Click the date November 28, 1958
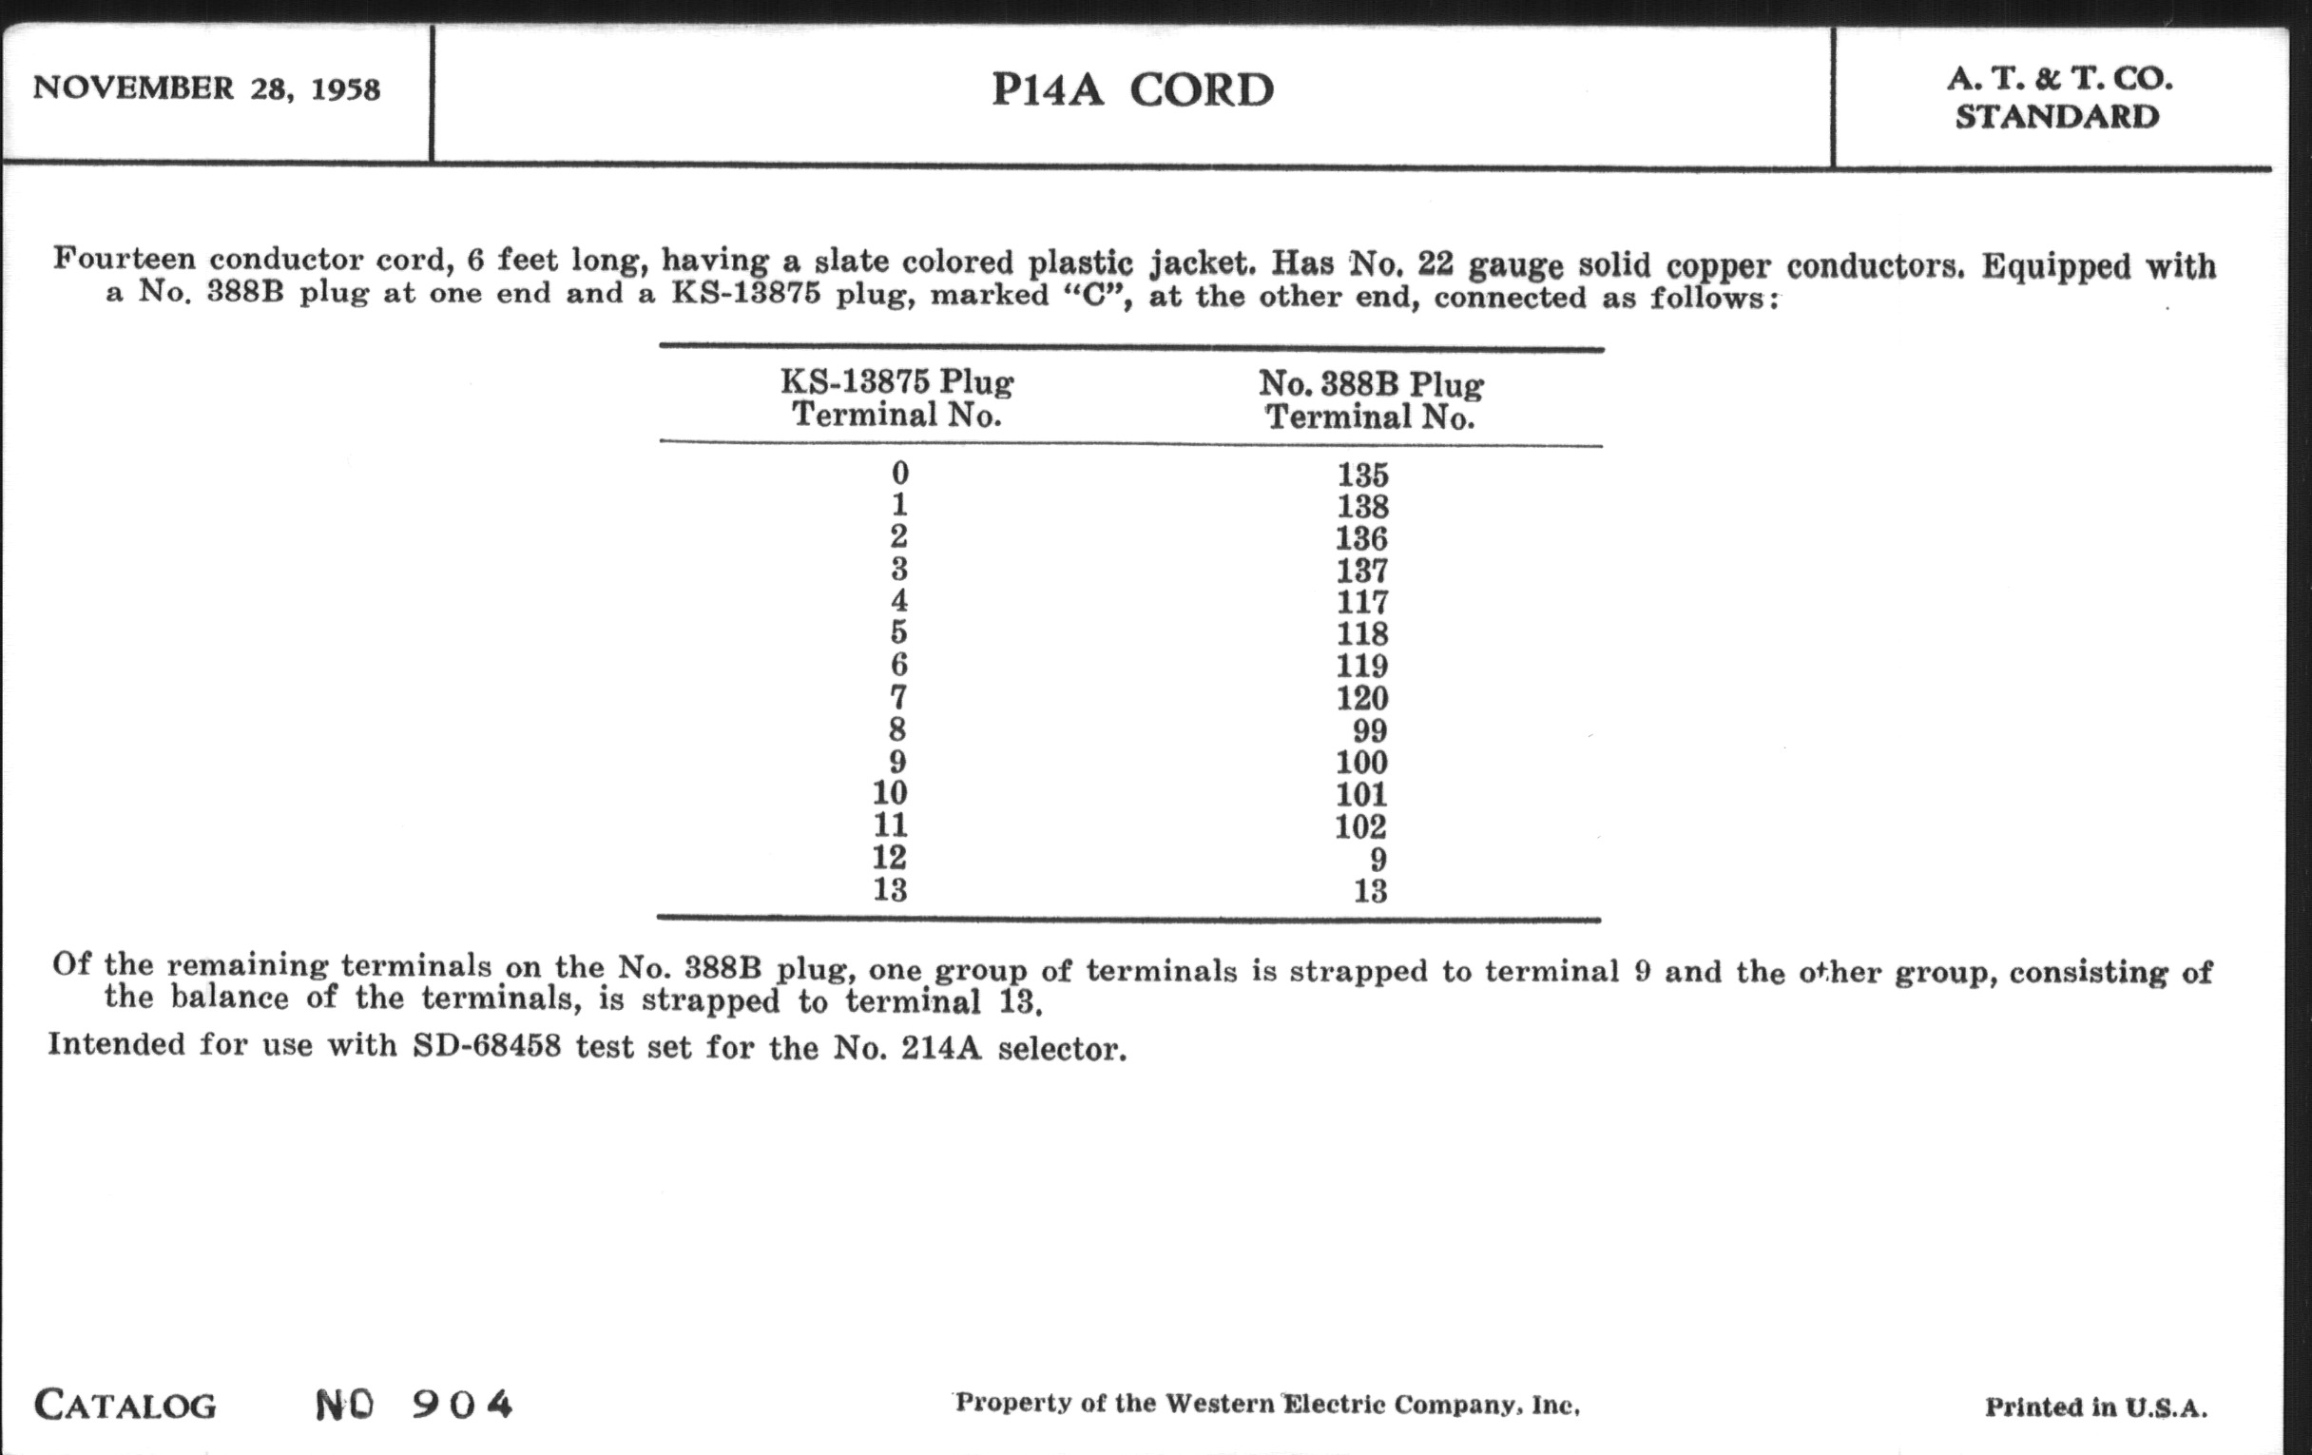pos(206,88)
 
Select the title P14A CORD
pos(1132,90)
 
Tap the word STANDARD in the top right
pos(2056,116)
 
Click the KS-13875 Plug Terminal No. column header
pos(896,398)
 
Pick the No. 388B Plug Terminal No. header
pos(1370,400)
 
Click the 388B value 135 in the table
pos(1362,475)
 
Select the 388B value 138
pos(1362,506)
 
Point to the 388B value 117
pos(1362,602)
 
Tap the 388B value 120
pos(1362,698)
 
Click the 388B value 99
pos(1369,731)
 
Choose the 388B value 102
pos(1361,826)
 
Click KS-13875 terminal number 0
pos(898,473)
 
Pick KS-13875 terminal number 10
pos(890,792)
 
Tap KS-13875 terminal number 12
pos(890,857)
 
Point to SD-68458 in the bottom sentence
pos(487,1045)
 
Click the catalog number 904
pos(463,1405)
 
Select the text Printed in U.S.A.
pos(2096,1408)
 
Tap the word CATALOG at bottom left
pos(125,1406)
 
